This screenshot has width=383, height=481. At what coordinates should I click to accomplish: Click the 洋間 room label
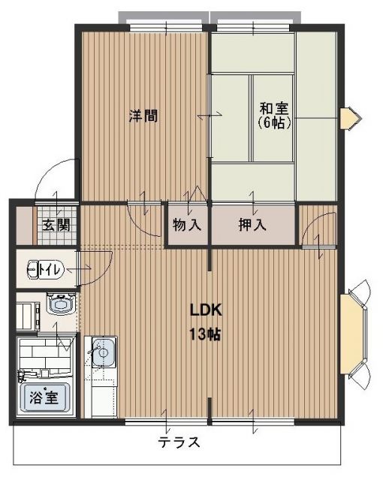(x=143, y=116)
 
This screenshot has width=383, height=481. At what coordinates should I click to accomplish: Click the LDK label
(x=204, y=311)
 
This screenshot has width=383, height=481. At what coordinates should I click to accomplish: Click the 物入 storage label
(x=186, y=224)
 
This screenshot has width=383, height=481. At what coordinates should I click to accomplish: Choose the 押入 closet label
(x=252, y=224)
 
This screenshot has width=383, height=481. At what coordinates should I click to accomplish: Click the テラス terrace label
(x=179, y=443)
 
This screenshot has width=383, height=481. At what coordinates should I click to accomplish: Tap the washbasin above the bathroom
(x=60, y=304)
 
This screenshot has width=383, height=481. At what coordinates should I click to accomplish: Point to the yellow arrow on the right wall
(x=349, y=119)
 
